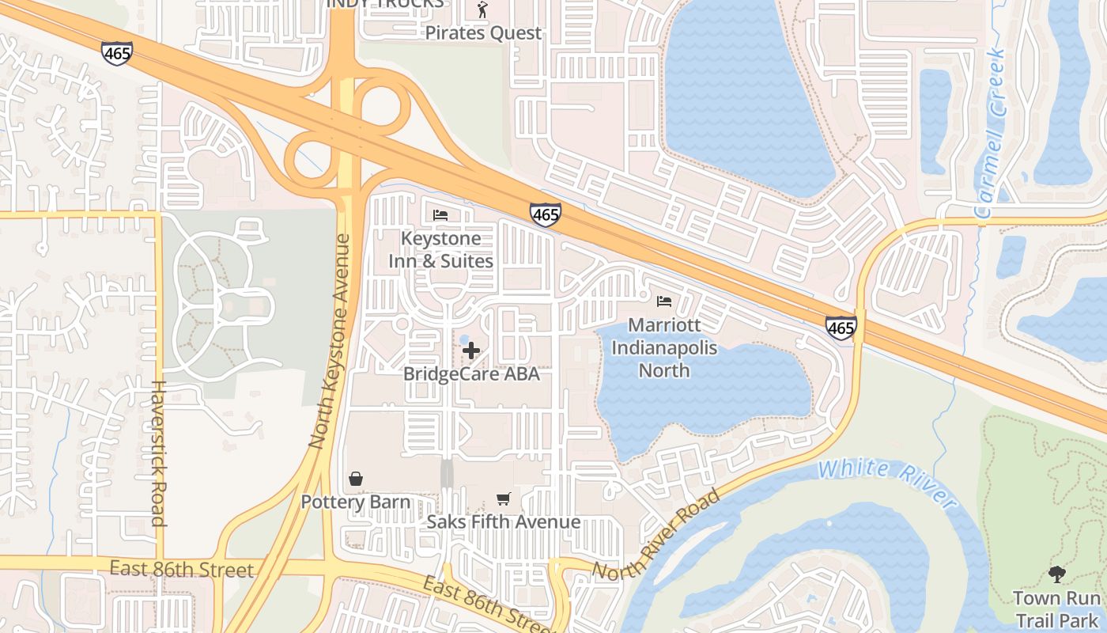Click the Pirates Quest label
[x=483, y=33]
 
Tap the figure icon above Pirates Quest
[x=482, y=10]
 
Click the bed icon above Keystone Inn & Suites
[x=440, y=215]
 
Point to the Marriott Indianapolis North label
[x=664, y=347]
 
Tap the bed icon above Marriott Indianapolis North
[x=664, y=301]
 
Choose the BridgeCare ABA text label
[x=471, y=373]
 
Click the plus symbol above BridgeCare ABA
[x=471, y=350]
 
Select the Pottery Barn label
[x=355, y=502]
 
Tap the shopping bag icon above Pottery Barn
[x=356, y=479]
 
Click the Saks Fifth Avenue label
[x=504, y=521]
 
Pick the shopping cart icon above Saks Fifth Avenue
[x=503, y=498]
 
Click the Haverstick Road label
[x=157, y=453]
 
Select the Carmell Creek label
[x=991, y=135]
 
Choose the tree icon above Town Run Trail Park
[x=1056, y=574]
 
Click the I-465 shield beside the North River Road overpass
[x=840, y=328]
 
